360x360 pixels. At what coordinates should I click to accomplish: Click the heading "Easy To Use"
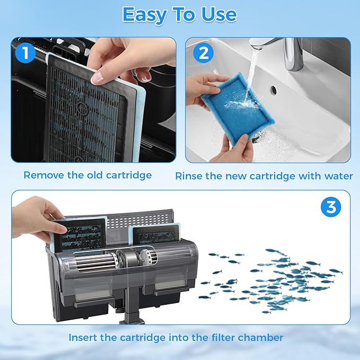[179, 14]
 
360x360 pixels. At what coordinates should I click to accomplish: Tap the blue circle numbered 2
[203, 54]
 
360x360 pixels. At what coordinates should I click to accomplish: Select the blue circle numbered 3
[330, 207]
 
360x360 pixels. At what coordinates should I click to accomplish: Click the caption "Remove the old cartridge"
[87, 175]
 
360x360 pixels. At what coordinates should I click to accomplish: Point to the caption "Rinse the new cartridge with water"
[264, 175]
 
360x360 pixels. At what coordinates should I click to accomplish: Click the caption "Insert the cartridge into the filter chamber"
[175, 337]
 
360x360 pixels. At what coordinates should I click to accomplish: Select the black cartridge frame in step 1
[85, 111]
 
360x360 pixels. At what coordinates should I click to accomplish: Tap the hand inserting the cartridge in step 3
[34, 215]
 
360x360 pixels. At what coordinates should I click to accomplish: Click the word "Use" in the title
[215, 14]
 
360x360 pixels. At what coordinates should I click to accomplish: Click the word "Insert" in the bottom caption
[83, 337]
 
